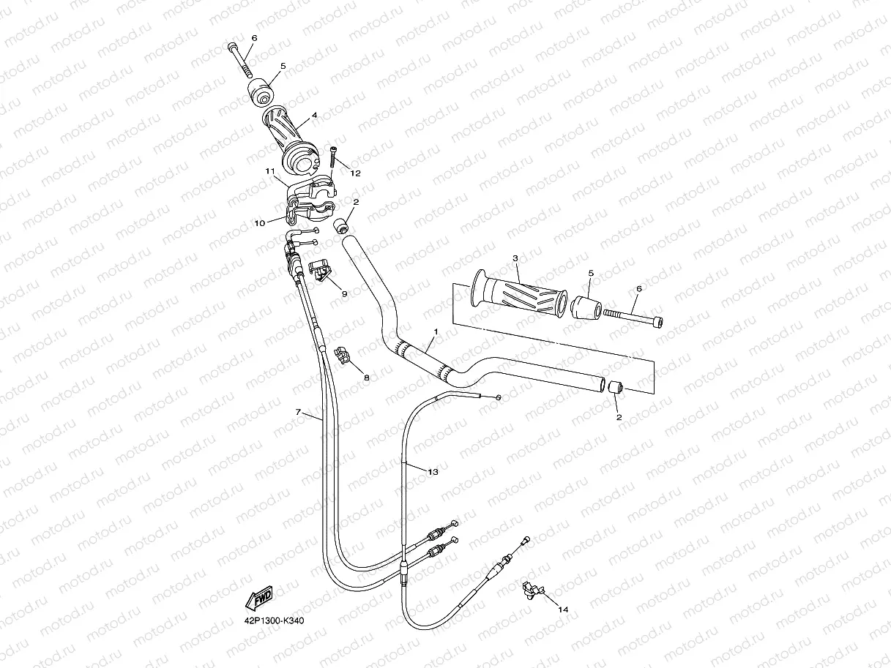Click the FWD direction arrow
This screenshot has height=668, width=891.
[x=259, y=598]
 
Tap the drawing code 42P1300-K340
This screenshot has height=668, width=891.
[x=275, y=621]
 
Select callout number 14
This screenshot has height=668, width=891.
[x=563, y=609]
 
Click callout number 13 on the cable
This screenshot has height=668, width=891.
[x=433, y=472]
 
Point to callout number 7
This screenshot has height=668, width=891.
[x=298, y=412]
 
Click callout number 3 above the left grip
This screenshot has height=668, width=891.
[x=515, y=258]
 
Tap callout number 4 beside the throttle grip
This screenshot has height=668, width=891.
[x=314, y=115]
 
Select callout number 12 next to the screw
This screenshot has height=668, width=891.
[x=356, y=173]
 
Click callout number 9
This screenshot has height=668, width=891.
[x=343, y=293]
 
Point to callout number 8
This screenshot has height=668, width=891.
[x=366, y=378]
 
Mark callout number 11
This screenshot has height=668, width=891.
[x=270, y=170]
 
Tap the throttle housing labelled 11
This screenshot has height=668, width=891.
[x=310, y=200]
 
